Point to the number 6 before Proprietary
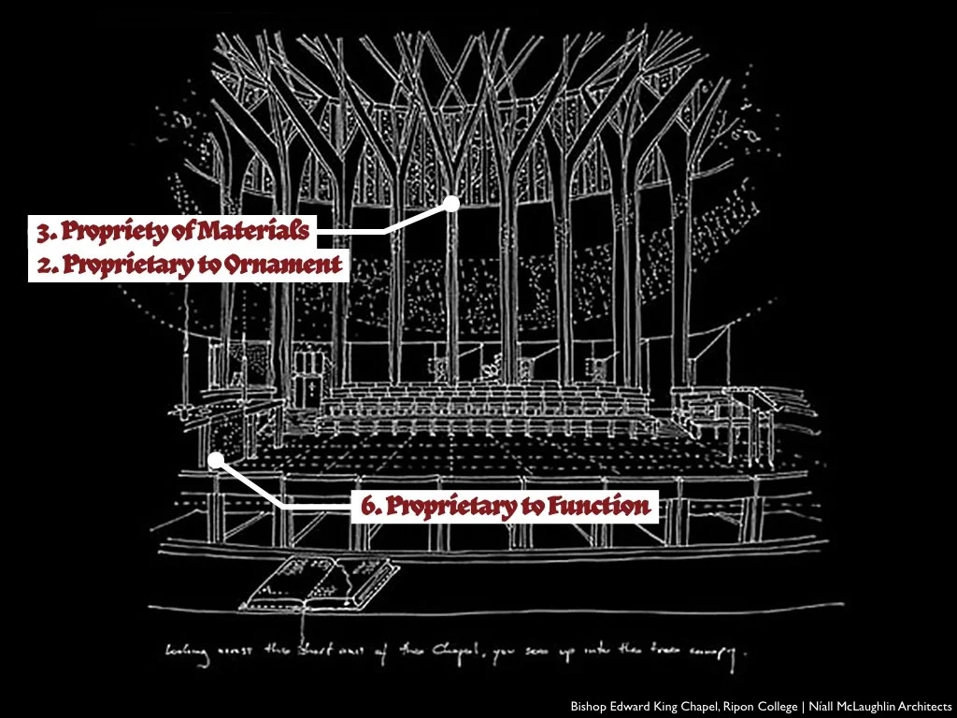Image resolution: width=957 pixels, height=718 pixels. pos(369,507)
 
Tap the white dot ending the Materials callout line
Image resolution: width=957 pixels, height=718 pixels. pos(451,202)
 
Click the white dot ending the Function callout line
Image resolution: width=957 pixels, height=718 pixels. pos(215,459)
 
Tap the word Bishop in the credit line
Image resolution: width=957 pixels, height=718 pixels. pos(589,706)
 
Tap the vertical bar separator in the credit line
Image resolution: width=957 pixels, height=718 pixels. pos(802,706)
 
